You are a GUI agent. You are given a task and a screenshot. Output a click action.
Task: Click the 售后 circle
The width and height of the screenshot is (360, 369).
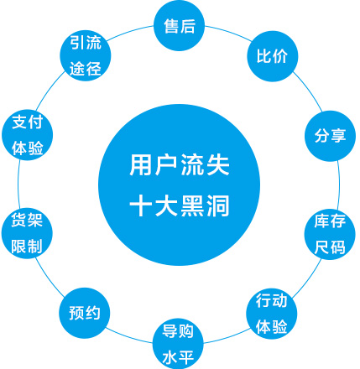180,26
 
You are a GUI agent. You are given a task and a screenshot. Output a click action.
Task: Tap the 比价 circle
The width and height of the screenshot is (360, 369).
273,56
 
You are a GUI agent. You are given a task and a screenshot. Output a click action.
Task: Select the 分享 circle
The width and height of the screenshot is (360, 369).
330,136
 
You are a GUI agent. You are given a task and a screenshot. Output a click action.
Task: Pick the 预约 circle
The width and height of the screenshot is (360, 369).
85,313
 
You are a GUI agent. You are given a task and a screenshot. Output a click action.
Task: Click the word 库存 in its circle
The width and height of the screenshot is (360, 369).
330,221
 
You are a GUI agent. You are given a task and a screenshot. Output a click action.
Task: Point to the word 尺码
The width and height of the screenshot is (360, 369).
330,247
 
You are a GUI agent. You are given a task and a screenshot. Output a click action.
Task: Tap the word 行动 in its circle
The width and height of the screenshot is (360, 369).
272,301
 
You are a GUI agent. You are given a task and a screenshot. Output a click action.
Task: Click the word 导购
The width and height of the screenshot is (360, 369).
178,330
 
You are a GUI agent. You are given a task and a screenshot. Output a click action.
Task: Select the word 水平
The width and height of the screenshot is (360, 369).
178,357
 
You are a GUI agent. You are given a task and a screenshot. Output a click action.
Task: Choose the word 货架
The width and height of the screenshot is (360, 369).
27,220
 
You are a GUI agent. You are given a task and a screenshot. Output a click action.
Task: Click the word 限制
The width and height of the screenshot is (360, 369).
27,246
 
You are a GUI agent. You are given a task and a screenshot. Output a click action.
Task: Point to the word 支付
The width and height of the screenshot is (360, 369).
28,122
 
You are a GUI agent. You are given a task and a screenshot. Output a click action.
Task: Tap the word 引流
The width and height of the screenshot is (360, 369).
86,43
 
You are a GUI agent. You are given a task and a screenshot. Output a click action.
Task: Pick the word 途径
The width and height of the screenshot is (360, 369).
86,69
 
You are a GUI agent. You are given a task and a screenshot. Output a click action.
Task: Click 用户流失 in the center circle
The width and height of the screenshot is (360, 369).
180,165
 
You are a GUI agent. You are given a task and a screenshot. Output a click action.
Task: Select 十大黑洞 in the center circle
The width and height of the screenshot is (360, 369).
180,205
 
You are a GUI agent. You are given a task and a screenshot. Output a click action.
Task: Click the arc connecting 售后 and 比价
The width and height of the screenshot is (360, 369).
229,33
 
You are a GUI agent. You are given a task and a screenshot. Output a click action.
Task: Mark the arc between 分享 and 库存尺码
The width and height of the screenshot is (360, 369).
339,184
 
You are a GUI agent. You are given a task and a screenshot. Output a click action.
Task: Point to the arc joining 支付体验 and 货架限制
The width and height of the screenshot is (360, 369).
18,184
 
